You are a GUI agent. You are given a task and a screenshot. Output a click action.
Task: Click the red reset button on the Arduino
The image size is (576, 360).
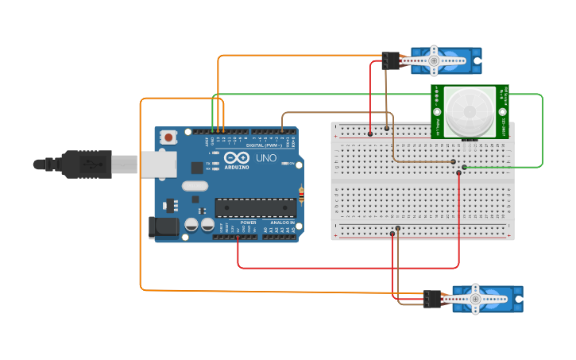tap(169, 137)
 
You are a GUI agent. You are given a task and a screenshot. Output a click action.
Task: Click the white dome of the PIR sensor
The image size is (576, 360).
tap(468, 111)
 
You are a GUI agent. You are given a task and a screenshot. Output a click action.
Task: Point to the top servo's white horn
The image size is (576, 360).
tap(434, 60)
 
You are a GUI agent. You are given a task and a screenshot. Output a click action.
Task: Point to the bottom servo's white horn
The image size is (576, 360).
tap(475, 299)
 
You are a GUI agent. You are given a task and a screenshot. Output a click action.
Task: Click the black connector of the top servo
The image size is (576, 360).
tap(390, 60)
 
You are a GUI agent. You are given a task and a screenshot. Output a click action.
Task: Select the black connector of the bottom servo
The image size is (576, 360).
tap(432, 299)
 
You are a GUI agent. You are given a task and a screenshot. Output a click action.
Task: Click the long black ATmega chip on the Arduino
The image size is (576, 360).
tap(255, 207)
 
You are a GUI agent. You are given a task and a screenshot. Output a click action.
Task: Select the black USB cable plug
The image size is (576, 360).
tap(87, 165)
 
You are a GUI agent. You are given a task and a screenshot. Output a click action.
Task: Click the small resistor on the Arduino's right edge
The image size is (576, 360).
tap(300, 193)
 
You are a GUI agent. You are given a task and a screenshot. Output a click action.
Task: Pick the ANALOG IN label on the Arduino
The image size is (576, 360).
tap(280, 223)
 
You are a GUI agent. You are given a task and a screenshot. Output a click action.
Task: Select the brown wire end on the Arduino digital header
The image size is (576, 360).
tap(282, 130)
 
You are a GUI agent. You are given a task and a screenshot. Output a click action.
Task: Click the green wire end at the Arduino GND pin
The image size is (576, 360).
tap(212, 130)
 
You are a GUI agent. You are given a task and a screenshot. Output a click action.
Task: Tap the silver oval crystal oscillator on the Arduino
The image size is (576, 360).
tap(194, 186)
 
